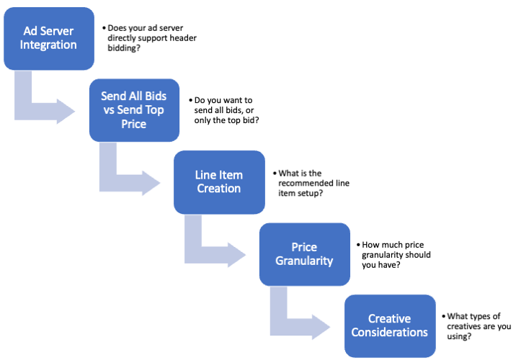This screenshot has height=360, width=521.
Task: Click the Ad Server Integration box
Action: (x=49, y=38)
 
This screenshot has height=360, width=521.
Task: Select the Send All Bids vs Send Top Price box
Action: (x=134, y=109)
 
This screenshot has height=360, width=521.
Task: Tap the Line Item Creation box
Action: (x=219, y=181)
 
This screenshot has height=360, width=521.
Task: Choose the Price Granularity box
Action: (x=304, y=253)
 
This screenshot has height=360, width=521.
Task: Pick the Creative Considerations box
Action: (x=390, y=325)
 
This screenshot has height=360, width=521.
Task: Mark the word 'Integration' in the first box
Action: (x=49, y=45)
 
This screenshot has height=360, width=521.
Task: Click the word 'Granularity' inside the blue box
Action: (x=304, y=261)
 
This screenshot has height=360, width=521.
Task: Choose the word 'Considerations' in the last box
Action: (x=390, y=333)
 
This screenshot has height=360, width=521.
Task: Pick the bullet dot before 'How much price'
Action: (x=357, y=245)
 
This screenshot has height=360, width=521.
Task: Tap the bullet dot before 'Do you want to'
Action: (x=190, y=100)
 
